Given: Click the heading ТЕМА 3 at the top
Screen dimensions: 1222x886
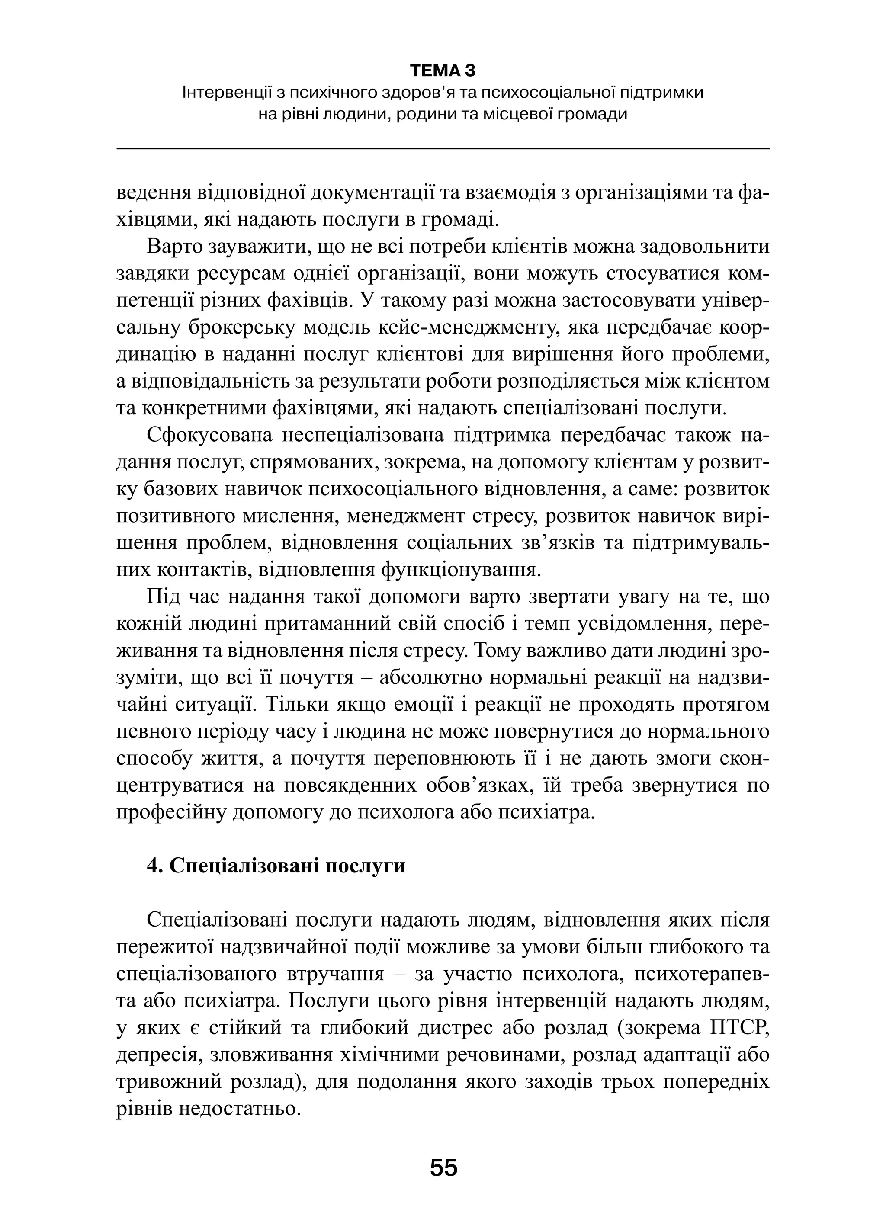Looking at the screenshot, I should pos(443,71).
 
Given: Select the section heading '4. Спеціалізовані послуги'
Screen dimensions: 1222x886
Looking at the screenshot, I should pos(276,865).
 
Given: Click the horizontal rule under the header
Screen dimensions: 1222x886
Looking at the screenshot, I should pos(443,148).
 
